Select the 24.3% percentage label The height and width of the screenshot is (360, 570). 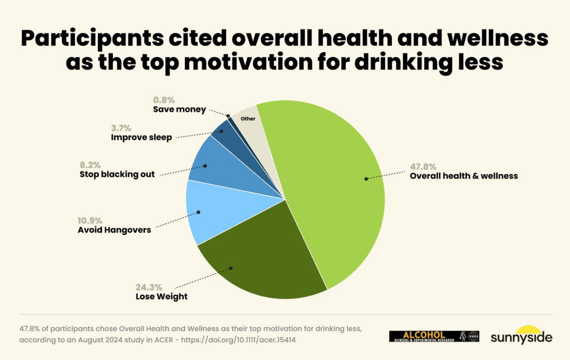149,288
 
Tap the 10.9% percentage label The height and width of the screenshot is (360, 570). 91,220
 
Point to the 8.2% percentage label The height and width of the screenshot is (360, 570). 91,165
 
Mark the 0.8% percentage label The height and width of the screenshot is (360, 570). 164,101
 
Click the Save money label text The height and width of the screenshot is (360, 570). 179,110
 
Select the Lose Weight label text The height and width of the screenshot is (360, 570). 161,297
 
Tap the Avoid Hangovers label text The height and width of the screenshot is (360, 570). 114,229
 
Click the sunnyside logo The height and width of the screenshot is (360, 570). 522,334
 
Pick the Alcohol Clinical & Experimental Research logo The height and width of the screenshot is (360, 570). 434,336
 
